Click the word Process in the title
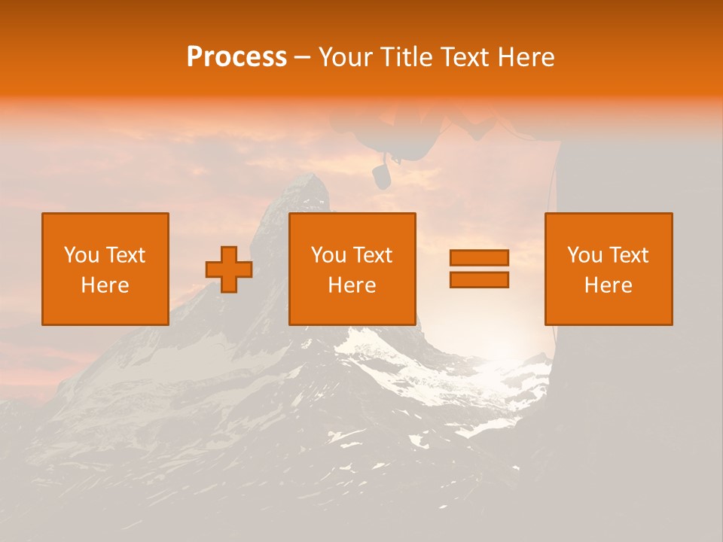(236, 57)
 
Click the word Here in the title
(526, 57)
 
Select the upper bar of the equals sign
(479, 258)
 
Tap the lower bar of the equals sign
(479, 280)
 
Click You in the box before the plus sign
(81, 255)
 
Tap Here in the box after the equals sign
(609, 285)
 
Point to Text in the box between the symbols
(374, 255)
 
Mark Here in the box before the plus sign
(105, 285)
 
